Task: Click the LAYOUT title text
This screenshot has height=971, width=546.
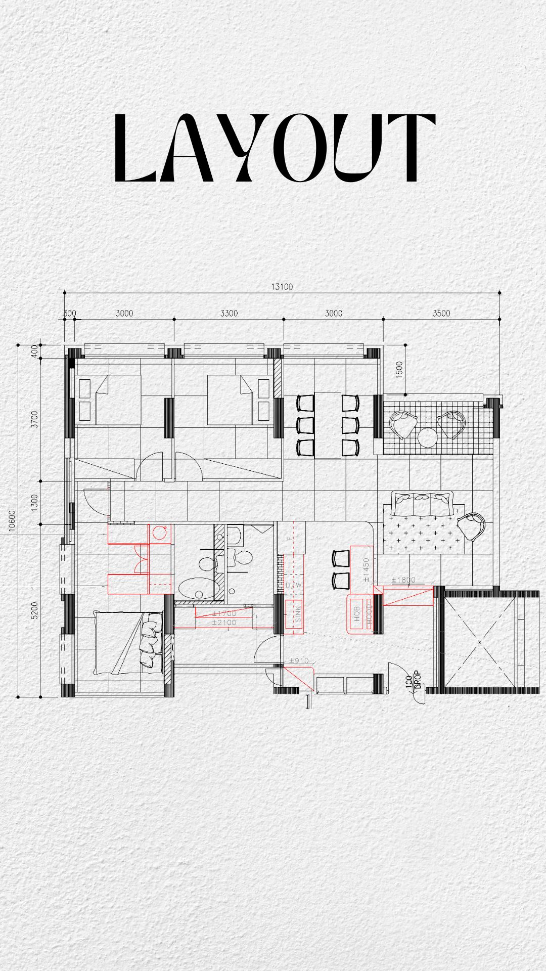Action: pyautogui.click(x=273, y=148)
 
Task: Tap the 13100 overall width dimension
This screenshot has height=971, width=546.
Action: pyautogui.click(x=282, y=287)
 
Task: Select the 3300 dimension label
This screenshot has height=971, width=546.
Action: pyautogui.click(x=229, y=314)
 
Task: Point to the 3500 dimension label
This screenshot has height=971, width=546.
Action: pyautogui.click(x=441, y=314)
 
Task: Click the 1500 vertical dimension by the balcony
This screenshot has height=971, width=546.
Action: pyautogui.click(x=399, y=370)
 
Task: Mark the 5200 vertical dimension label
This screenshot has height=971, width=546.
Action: pyautogui.click(x=34, y=610)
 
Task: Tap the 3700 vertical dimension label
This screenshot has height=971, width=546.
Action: pyautogui.click(x=34, y=419)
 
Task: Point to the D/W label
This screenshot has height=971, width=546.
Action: pyautogui.click(x=294, y=585)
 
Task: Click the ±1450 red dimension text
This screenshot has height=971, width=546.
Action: pyautogui.click(x=366, y=569)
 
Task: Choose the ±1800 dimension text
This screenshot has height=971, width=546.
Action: pyautogui.click(x=403, y=580)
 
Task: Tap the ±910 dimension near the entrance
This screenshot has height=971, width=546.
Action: pyautogui.click(x=299, y=660)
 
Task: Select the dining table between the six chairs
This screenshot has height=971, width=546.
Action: pyautogui.click(x=328, y=425)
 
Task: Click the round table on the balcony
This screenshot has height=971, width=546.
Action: pyautogui.click(x=428, y=437)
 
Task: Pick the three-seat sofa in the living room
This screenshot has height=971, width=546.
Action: pyautogui.click(x=423, y=504)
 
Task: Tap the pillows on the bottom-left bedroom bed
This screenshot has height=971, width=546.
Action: pyautogui.click(x=149, y=639)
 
